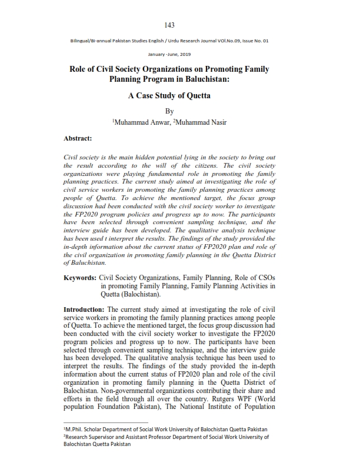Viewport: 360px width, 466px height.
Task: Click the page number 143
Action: (x=169, y=25)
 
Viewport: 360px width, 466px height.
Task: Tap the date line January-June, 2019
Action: (x=169, y=53)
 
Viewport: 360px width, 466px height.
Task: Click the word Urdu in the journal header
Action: (x=179, y=41)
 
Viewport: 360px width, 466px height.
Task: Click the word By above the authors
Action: (x=169, y=111)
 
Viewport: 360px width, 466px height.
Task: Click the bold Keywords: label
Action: (x=80, y=277)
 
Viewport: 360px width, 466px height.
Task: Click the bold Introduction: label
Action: (x=85, y=309)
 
